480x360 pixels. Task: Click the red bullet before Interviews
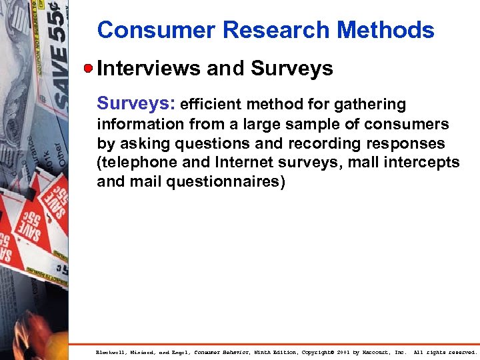89,68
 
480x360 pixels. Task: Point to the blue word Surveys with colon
136,103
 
